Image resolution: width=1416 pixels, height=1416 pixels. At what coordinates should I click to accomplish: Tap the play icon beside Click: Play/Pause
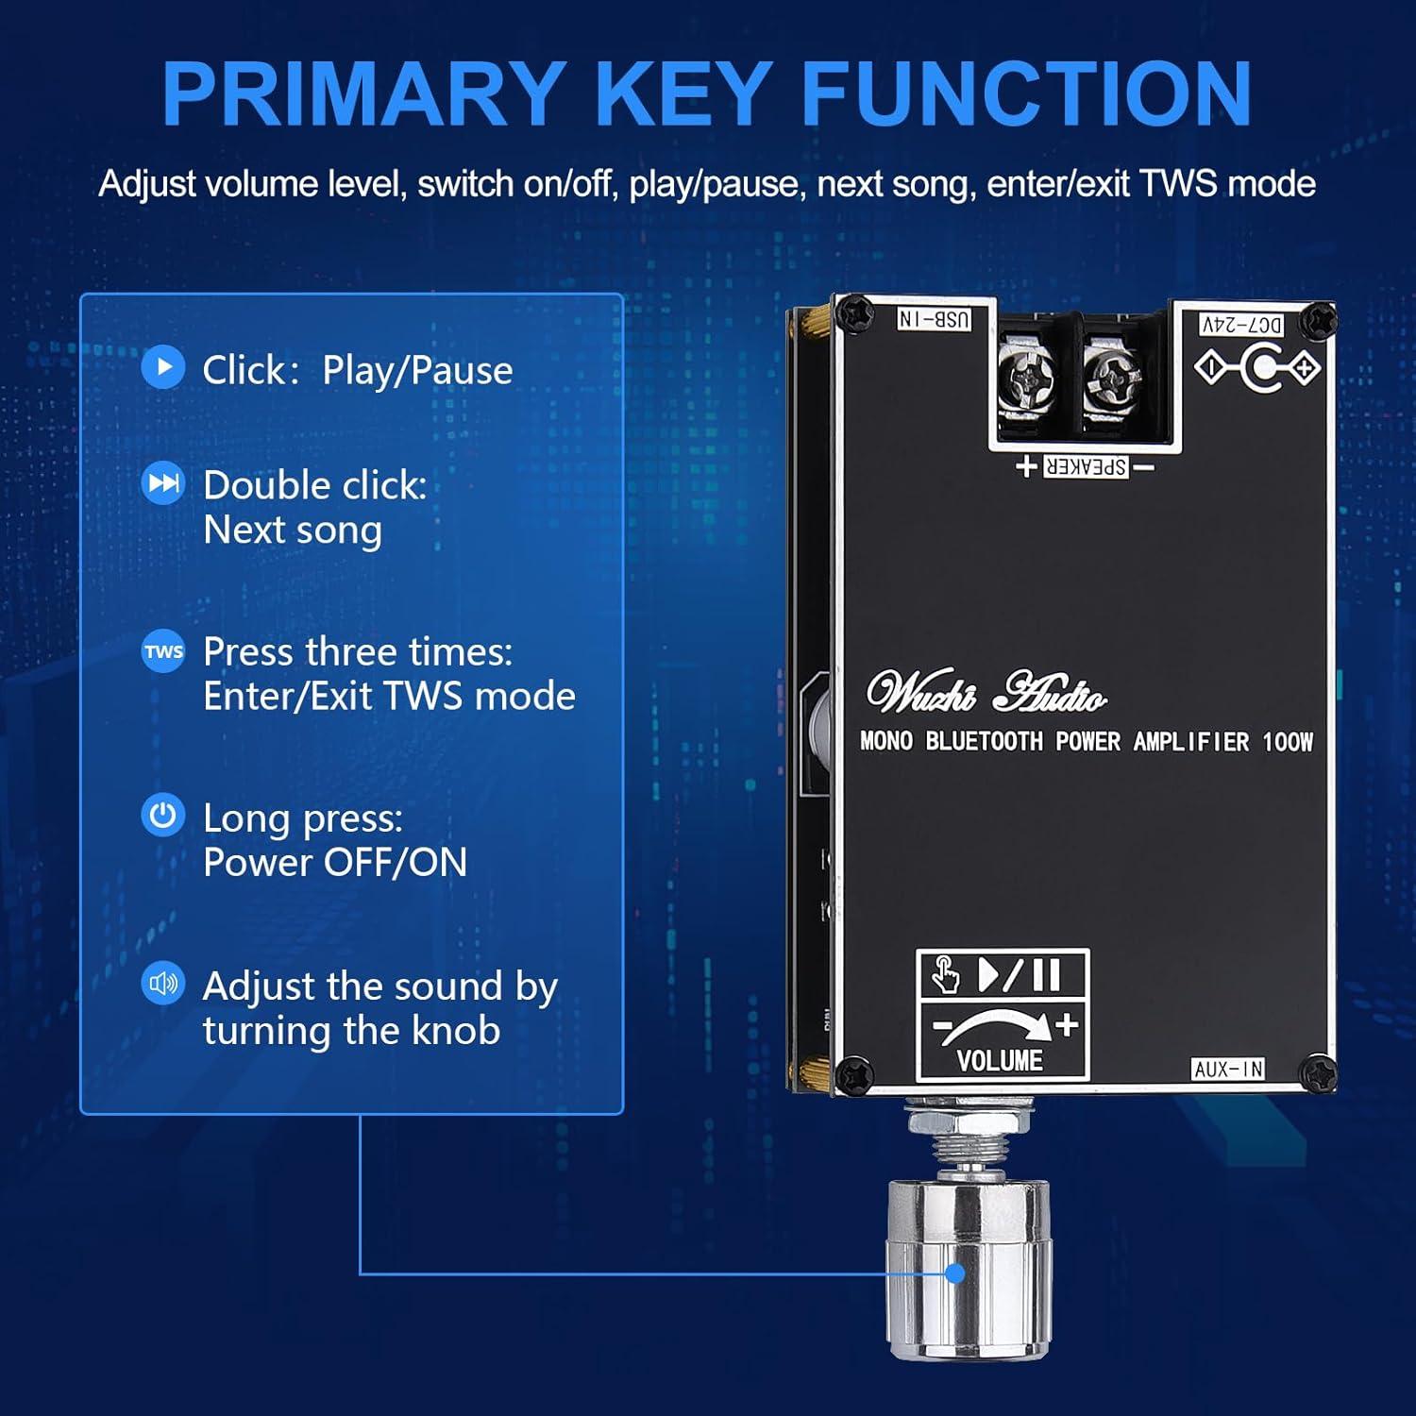[x=163, y=367]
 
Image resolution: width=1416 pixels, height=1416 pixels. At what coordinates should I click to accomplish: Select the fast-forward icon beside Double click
[x=163, y=483]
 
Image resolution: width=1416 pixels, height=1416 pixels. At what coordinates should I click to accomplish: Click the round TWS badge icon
[x=163, y=651]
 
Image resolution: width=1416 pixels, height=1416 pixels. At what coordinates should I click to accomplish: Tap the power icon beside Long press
[x=163, y=816]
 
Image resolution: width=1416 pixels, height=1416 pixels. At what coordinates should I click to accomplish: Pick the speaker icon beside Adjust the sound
[x=163, y=984]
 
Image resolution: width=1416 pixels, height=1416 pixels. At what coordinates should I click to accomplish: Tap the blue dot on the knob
[x=955, y=1273]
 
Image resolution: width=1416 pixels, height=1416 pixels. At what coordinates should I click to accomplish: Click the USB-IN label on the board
[x=934, y=319]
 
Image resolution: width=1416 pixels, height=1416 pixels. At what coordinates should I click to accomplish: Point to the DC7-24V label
[x=1241, y=325]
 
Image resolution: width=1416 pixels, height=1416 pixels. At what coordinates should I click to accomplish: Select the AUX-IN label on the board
[x=1227, y=1069]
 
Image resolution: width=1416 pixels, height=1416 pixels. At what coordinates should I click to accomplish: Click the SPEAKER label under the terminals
[x=1086, y=466]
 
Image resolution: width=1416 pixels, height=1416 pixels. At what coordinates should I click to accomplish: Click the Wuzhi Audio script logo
[x=986, y=693]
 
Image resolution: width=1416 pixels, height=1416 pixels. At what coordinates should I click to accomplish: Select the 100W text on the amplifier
[x=1287, y=742]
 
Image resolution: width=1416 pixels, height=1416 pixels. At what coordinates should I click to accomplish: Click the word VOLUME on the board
[x=1000, y=1061]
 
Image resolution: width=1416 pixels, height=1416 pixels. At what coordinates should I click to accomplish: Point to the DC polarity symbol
[x=1257, y=367]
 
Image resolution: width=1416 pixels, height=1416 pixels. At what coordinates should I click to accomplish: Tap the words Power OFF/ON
[x=335, y=862]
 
